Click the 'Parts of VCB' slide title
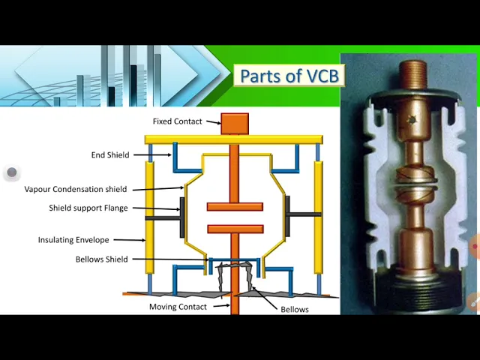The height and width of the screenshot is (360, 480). tap(289, 76)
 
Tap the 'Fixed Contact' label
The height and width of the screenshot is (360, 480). tap(178, 121)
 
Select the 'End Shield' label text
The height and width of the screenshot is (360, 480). tap(110, 155)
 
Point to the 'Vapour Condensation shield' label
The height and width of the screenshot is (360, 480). tap(76, 189)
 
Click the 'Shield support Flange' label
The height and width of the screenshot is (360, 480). tap(88, 208)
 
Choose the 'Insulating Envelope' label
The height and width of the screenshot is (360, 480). tap(73, 240)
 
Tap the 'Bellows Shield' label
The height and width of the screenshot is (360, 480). tap(102, 259)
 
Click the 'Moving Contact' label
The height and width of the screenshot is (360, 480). tap(178, 307)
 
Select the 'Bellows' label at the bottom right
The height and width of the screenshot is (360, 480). tap(295, 310)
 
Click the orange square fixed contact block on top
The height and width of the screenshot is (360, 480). tap(235, 124)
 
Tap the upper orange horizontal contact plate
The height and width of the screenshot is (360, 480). tap(235, 207)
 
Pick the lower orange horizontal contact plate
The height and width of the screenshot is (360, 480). tap(235, 229)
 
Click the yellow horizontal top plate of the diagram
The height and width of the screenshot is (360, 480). tap(233, 139)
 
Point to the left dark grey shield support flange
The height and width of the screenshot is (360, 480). tap(182, 217)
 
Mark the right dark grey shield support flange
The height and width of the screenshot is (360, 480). tap(287, 217)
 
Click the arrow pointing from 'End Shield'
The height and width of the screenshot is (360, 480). tap(152, 155)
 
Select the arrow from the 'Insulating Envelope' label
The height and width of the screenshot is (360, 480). tap(130, 240)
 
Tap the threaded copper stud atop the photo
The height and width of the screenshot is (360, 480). tap(413, 74)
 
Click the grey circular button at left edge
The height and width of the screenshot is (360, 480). tap(12, 172)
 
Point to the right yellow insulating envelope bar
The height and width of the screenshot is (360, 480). tap(318, 217)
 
